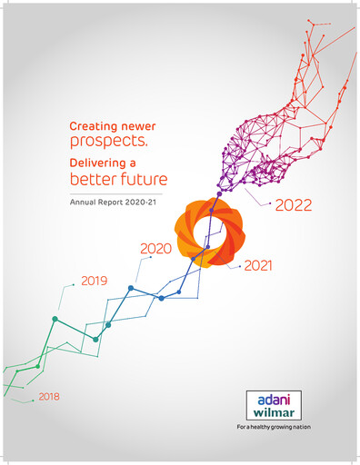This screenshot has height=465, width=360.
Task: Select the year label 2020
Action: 156,248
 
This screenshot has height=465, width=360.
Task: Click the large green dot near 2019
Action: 55,319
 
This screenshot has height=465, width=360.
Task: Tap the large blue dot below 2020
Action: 131,288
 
